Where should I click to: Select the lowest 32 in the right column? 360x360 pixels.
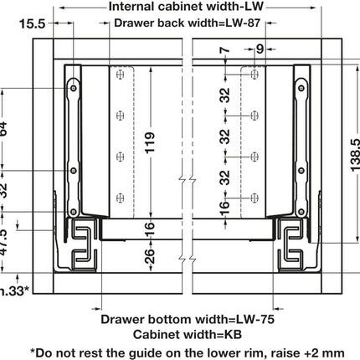(224, 177)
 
